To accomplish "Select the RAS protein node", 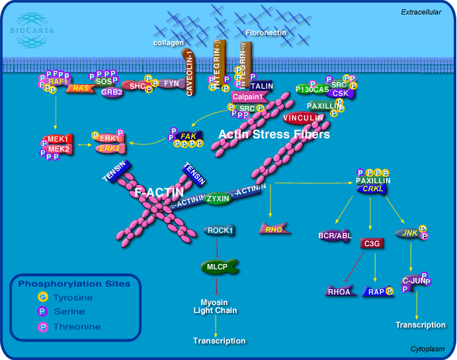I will [x=80, y=88].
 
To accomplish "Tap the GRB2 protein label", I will [x=111, y=92].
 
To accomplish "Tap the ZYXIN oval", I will [x=218, y=198].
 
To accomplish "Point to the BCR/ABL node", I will [x=335, y=235].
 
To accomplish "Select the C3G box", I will [x=370, y=244].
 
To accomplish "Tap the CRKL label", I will [x=373, y=189].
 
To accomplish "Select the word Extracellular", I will [x=421, y=12].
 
